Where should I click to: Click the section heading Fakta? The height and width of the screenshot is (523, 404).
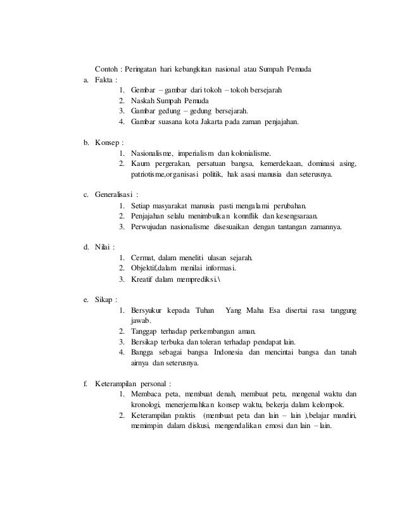click(x=104, y=80)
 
